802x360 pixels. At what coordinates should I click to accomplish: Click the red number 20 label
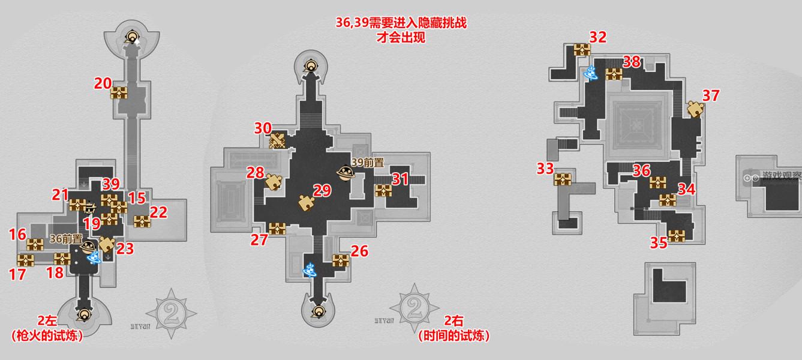point(103,83)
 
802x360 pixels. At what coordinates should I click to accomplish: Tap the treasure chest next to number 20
point(120,93)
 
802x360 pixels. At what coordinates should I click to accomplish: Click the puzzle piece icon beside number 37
point(695,110)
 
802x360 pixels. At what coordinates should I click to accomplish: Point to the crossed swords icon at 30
point(277,141)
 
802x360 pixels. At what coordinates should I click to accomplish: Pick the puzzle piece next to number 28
point(274,182)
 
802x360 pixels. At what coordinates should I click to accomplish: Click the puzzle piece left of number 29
point(306,202)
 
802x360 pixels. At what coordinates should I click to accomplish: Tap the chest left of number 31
point(383,191)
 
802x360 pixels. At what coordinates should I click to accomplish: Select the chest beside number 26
point(341,260)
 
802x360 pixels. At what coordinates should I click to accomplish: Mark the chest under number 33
point(564,179)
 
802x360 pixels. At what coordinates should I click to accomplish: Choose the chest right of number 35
point(677,235)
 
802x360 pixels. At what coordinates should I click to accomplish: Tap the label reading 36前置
point(65,239)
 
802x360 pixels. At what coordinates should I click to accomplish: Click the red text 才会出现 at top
point(401,37)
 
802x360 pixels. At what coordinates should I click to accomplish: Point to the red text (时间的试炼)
point(454,336)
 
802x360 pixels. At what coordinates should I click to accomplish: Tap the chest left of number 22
point(142,221)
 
